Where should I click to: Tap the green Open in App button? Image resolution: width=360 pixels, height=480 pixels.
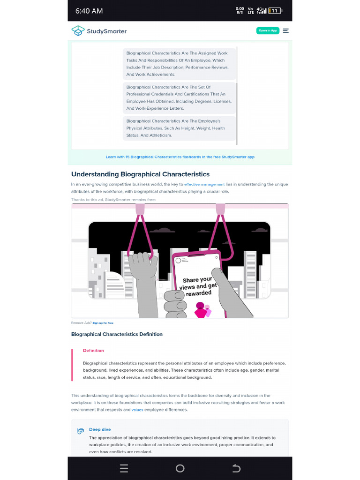pyautogui.click(x=268, y=31)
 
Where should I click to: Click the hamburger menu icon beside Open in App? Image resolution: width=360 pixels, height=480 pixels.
pyautogui.click(x=286, y=31)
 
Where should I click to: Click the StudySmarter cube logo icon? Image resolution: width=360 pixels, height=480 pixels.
pyautogui.click(x=78, y=31)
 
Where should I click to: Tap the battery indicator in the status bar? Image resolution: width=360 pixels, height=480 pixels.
pyautogui.click(x=275, y=11)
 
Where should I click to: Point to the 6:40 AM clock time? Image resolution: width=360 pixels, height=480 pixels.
pyautogui.click(x=89, y=11)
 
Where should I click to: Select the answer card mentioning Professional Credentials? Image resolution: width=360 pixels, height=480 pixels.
pyautogui.click(x=179, y=98)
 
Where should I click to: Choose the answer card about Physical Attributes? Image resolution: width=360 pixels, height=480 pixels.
pyautogui.click(x=179, y=128)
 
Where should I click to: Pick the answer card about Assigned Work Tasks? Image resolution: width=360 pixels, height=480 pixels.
pyautogui.click(x=179, y=64)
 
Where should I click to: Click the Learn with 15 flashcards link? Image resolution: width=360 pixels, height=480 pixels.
pyautogui.click(x=180, y=157)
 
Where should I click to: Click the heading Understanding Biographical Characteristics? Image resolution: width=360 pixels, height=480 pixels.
pyautogui.click(x=140, y=174)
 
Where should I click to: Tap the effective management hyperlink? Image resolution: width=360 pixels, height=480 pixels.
pyautogui.click(x=204, y=185)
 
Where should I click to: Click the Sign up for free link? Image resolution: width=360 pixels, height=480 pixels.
pyautogui.click(x=103, y=323)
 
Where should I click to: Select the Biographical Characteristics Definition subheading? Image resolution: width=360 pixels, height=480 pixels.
pyautogui.click(x=117, y=334)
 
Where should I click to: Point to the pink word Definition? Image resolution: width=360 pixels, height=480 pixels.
pyautogui.click(x=93, y=351)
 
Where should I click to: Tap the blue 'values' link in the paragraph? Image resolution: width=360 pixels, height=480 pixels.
pyautogui.click(x=137, y=410)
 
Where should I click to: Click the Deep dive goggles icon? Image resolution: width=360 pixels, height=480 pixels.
pyautogui.click(x=81, y=431)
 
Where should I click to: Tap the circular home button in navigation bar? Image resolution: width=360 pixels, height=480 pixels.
pyautogui.click(x=180, y=468)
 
